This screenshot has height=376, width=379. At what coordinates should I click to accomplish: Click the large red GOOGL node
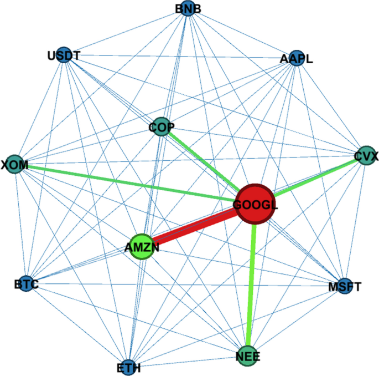(255, 204)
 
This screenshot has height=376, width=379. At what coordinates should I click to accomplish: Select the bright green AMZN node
(144, 247)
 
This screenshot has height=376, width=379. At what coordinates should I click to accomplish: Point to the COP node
(161, 127)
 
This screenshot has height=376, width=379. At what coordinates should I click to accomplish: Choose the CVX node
(364, 157)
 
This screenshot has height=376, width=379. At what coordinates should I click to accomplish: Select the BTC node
(25, 283)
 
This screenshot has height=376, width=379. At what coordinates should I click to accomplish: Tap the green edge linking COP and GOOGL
(202, 160)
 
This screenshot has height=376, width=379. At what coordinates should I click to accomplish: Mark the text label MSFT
(345, 287)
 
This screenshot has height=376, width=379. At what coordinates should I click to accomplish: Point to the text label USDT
(64, 55)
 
